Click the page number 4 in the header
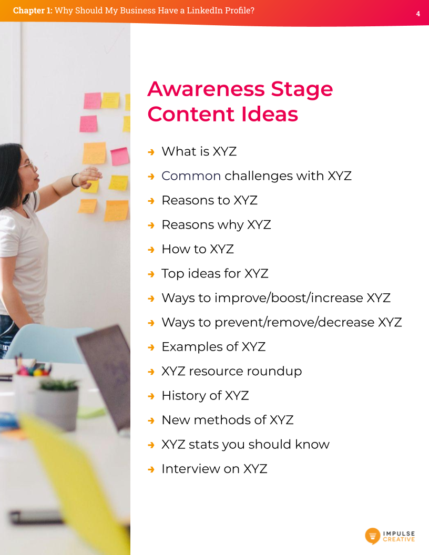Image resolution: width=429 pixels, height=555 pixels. pyautogui.click(x=418, y=14)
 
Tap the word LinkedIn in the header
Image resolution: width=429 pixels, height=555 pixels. pyautogui.click(x=199, y=10)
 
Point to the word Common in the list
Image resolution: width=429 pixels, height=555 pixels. pyautogui.click(x=191, y=176)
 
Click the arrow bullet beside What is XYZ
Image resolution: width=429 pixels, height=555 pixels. pyautogui.click(x=151, y=152)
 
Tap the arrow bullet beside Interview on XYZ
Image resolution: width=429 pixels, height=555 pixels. pyautogui.click(x=151, y=469)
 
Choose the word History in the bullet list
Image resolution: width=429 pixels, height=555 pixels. pyautogui.click(x=183, y=396)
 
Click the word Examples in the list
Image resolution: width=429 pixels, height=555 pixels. pyautogui.click(x=192, y=347)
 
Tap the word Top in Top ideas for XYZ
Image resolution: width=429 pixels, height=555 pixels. pyautogui.click(x=172, y=274)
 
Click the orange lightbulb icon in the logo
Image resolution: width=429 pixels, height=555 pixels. pyautogui.click(x=372, y=536)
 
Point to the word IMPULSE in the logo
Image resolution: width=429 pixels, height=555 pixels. pyautogui.click(x=399, y=533)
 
